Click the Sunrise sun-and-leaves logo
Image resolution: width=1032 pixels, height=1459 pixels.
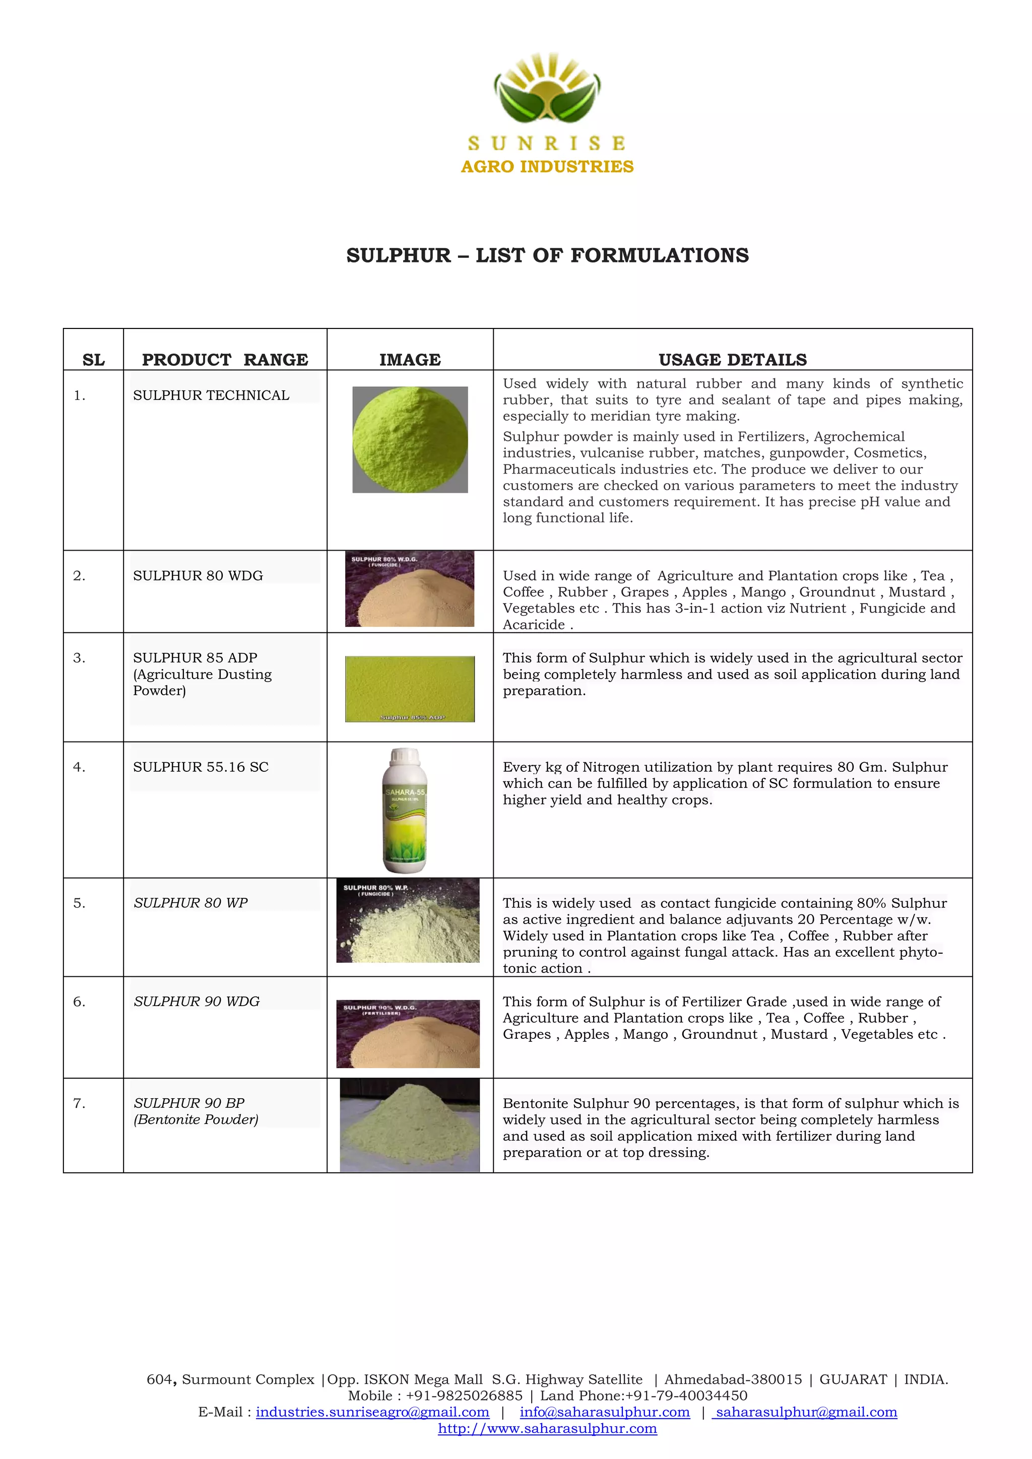pos(547,89)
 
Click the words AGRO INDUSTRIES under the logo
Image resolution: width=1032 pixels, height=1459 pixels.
pos(547,166)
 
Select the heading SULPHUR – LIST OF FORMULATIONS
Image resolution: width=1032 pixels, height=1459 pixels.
pos(547,255)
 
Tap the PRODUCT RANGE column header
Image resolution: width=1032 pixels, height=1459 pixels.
pos(225,360)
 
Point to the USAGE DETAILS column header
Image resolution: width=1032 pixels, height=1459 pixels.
pos(732,360)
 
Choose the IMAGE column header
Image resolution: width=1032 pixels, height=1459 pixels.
pos(410,360)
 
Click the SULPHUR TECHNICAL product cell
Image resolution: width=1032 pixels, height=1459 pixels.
pos(211,395)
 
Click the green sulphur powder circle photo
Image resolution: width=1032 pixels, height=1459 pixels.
pos(410,440)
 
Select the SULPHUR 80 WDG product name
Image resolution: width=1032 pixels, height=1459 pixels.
pos(198,576)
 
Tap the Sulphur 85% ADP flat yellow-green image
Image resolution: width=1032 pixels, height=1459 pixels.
pos(410,689)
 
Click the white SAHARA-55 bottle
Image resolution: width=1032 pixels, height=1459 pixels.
pos(405,810)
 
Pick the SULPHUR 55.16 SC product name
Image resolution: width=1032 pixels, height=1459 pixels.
pos(201,767)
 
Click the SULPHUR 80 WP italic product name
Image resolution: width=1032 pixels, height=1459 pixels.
pos(190,903)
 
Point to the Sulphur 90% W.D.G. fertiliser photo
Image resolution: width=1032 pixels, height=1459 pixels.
pos(408,1034)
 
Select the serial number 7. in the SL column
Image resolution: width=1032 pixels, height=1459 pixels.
pos(79,1104)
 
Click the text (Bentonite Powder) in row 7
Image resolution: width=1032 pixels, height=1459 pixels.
pos(196,1119)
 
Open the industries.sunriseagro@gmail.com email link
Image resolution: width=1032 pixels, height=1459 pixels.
pos(372,1412)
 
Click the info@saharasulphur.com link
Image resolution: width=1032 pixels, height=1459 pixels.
pos(604,1412)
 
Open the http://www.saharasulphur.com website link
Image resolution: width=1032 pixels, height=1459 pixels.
pos(547,1428)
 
